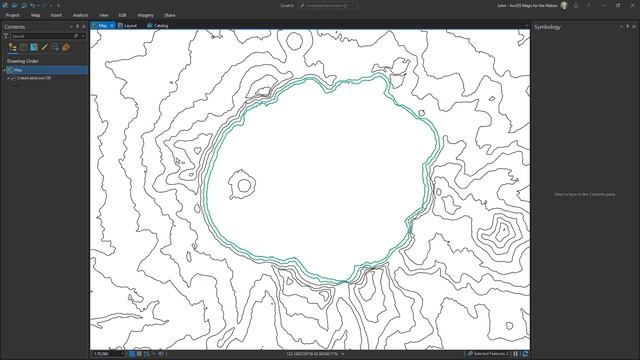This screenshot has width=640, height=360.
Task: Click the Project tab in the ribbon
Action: tap(13, 16)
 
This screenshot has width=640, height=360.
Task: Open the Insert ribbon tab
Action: tap(56, 16)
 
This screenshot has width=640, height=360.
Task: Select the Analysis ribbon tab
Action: tap(80, 16)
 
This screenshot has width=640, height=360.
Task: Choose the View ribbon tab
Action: tap(104, 16)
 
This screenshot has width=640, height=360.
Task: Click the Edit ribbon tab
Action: tap(122, 16)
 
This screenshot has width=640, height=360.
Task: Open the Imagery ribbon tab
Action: tap(145, 16)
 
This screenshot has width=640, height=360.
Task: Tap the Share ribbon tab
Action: tap(170, 16)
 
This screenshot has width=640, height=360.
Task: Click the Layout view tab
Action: tap(130, 25)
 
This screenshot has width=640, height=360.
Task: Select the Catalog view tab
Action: tap(158, 25)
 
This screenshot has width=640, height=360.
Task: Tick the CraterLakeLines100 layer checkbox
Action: tap(12, 78)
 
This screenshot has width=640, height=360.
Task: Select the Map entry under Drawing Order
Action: tap(18, 70)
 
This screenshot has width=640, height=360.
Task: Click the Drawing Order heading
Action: tap(23, 60)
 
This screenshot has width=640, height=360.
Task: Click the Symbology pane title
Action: tap(548, 27)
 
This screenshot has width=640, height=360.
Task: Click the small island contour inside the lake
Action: tap(242, 185)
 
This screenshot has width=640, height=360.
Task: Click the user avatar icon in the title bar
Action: tap(564, 5)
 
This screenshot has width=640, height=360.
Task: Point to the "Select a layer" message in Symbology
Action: tap(584, 193)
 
